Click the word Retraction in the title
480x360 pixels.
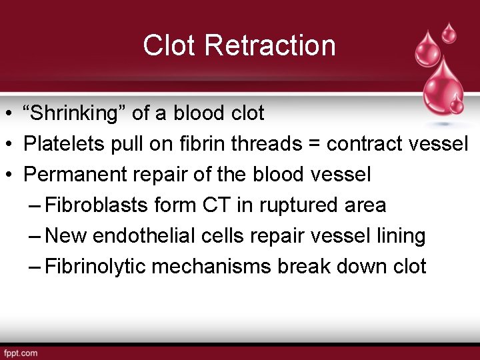271,45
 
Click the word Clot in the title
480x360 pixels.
171,45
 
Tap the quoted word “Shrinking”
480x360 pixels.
75,113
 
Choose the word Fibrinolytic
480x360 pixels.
97,267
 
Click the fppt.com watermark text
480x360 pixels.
21,353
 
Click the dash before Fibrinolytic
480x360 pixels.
37,267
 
